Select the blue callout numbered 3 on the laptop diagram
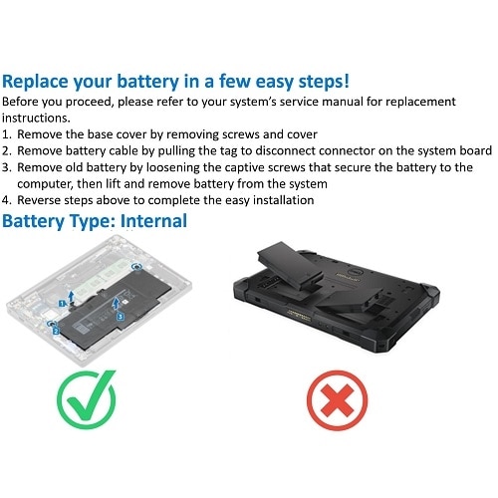click(x=121, y=315)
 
